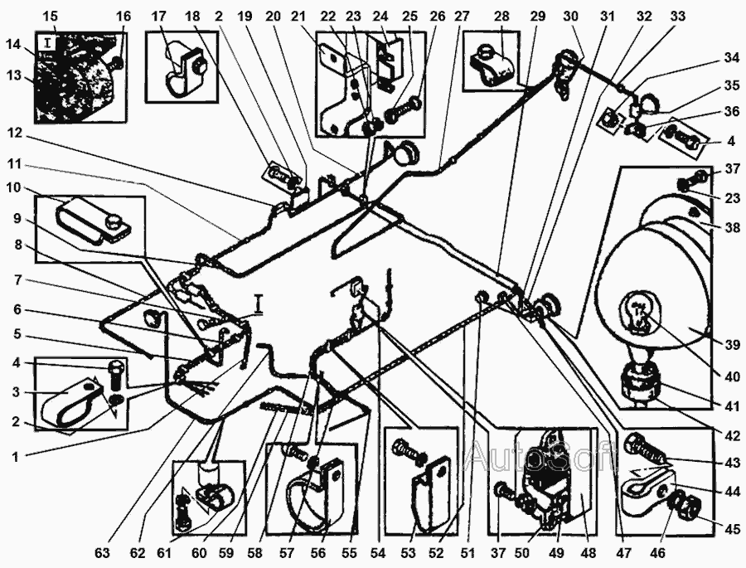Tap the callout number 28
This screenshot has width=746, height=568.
pyautogui.click(x=501, y=16)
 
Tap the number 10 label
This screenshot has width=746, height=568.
pyautogui.click(x=17, y=188)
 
